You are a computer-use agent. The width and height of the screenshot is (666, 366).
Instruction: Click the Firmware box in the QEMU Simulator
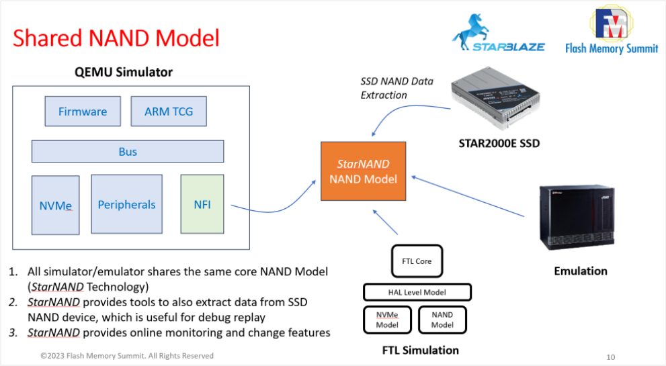point(83,111)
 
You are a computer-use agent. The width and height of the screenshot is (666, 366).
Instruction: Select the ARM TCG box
point(169,111)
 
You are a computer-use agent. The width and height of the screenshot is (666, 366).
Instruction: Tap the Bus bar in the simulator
point(128,151)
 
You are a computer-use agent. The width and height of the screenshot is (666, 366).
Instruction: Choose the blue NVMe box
point(55,205)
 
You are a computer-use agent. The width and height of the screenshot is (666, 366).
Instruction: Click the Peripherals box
point(126,204)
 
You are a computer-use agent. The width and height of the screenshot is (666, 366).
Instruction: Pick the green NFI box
point(202,204)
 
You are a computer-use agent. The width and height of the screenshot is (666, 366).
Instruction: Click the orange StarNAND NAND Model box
point(363,171)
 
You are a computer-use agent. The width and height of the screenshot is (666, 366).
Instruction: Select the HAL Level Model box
point(417,292)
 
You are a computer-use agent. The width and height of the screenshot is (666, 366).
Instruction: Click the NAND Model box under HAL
point(442,320)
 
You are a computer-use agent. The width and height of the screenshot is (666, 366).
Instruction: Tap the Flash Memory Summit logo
point(612,30)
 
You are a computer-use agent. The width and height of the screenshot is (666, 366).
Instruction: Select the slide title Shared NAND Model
point(116,38)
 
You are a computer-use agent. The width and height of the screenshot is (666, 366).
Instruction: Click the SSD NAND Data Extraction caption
point(397,88)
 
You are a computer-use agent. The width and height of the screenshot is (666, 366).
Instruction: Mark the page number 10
point(610,357)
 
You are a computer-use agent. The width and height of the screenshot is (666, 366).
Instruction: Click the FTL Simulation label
point(420,350)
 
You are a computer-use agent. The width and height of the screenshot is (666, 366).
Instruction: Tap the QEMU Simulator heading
point(124,72)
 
